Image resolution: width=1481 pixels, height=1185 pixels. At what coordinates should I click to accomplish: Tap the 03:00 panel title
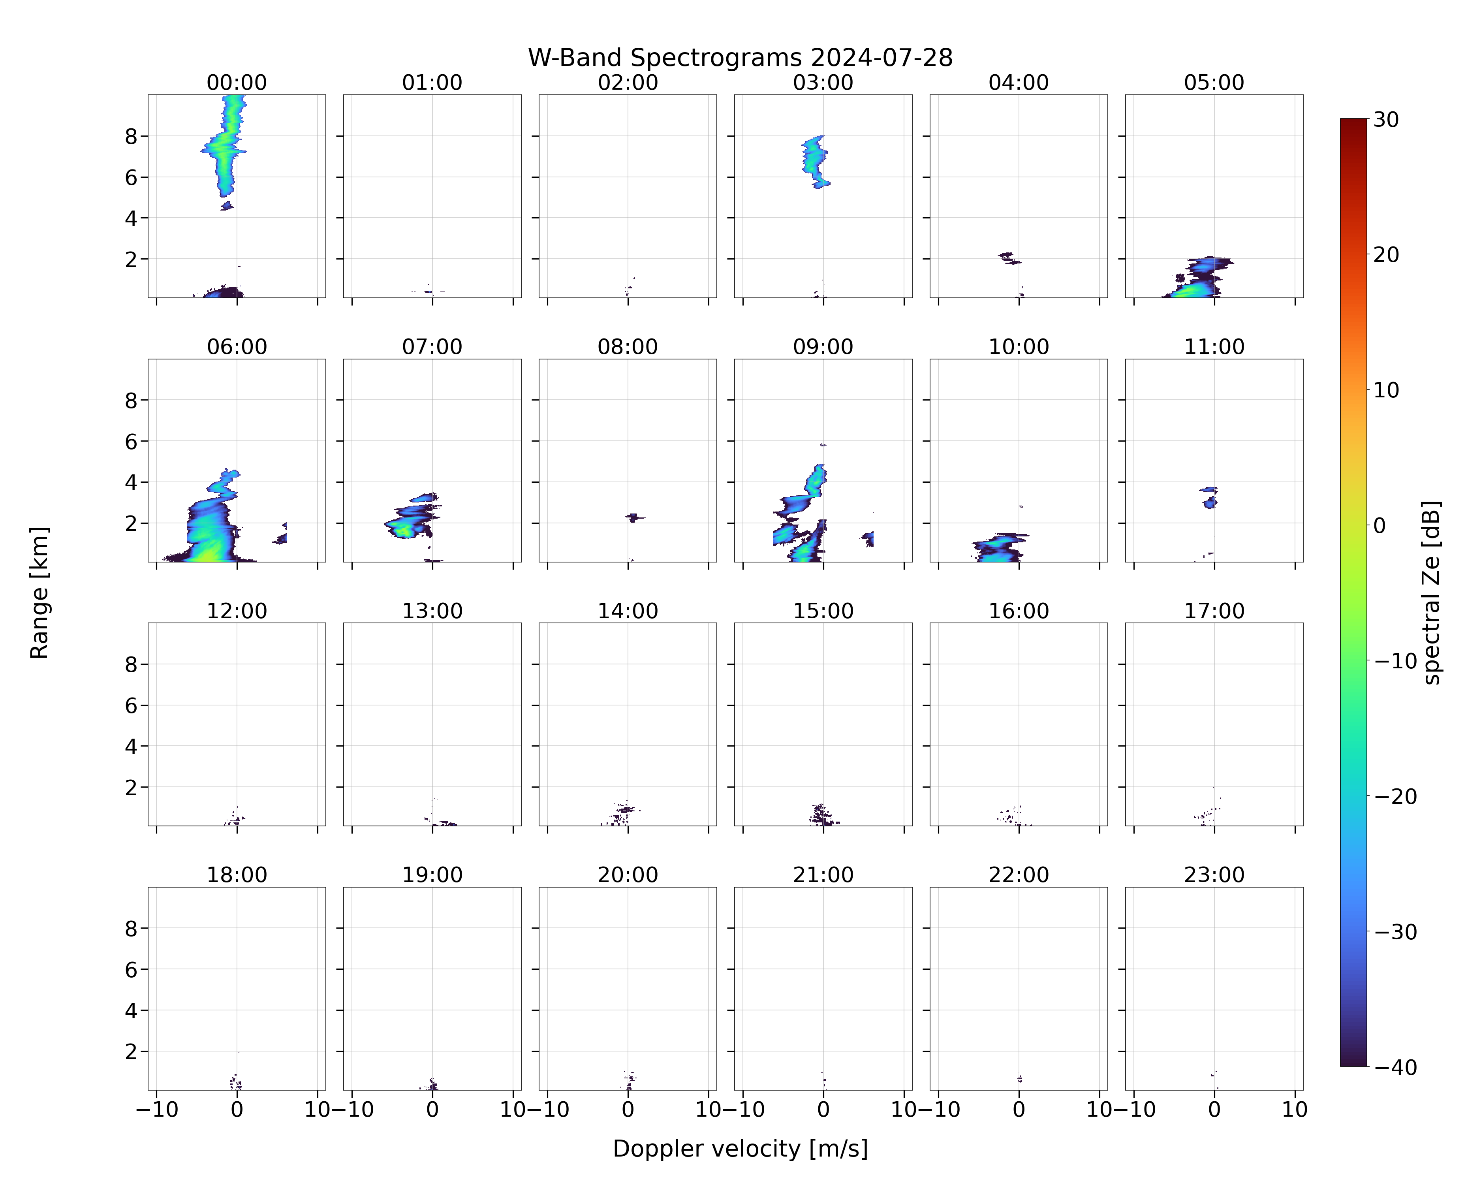tap(823, 83)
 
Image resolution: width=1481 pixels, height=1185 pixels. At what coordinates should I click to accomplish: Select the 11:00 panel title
tap(1214, 346)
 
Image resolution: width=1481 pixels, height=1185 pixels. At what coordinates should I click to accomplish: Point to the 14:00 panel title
tap(628, 611)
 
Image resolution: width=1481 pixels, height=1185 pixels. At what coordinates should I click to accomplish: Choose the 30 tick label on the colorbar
tap(1386, 120)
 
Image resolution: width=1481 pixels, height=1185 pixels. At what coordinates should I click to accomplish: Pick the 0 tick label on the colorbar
tap(1380, 525)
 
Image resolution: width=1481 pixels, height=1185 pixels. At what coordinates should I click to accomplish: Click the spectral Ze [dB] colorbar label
tap(1431, 592)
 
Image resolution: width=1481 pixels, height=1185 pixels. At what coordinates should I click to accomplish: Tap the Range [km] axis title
tap(39, 592)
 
